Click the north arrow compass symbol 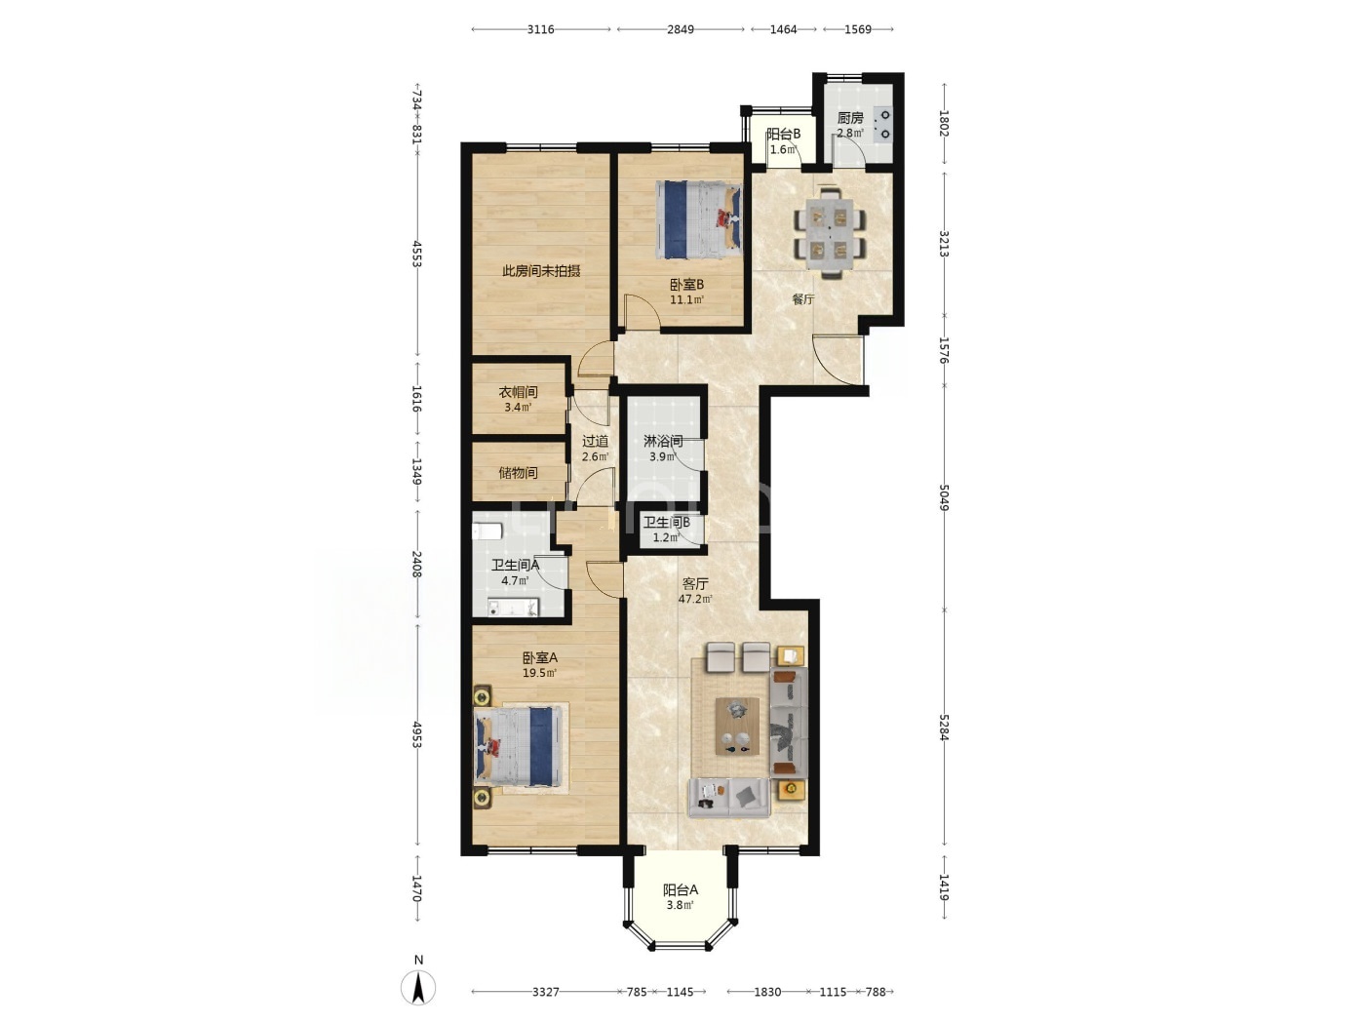(418, 987)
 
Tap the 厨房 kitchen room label (849, 118)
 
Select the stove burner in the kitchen (883, 125)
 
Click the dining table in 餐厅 (830, 233)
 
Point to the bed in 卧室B (699, 219)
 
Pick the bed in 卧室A (518, 746)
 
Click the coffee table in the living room (737, 726)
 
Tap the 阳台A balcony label (681, 889)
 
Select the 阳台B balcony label (783, 134)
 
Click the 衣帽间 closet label (518, 392)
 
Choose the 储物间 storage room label (518, 473)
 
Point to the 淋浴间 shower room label (663, 442)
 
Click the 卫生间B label (666, 523)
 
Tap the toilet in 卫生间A (487, 532)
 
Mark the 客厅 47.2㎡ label (694, 591)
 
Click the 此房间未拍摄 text (541, 271)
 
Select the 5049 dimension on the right (944, 497)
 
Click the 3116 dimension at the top (540, 29)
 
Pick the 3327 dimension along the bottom (545, 992)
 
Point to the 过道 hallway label (595, 442)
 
